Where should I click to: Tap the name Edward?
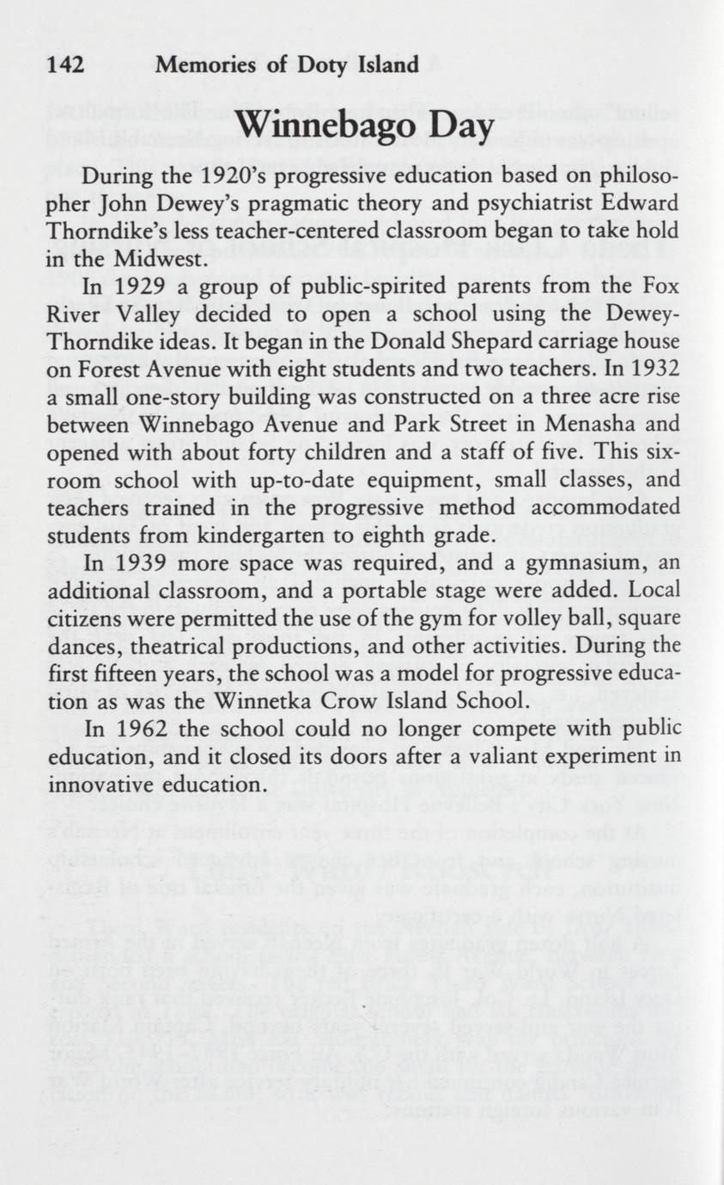(x=655, y=205)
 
